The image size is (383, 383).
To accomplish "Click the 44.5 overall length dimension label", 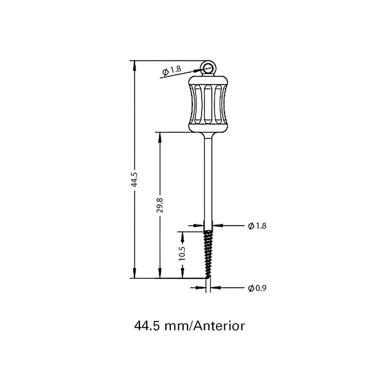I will [x=134, y=179].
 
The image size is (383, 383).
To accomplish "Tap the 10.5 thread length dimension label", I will [x=182, y=254].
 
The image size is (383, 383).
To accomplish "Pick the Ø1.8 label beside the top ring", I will [x=171, y=70].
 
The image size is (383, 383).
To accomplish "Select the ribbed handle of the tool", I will [x=208, y=103].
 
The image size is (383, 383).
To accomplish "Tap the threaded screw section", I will [x=208, y=253].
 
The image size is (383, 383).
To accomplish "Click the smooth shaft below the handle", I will [x=208, y=180].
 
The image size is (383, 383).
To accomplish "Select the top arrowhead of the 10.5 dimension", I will [x=182, y=235].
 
